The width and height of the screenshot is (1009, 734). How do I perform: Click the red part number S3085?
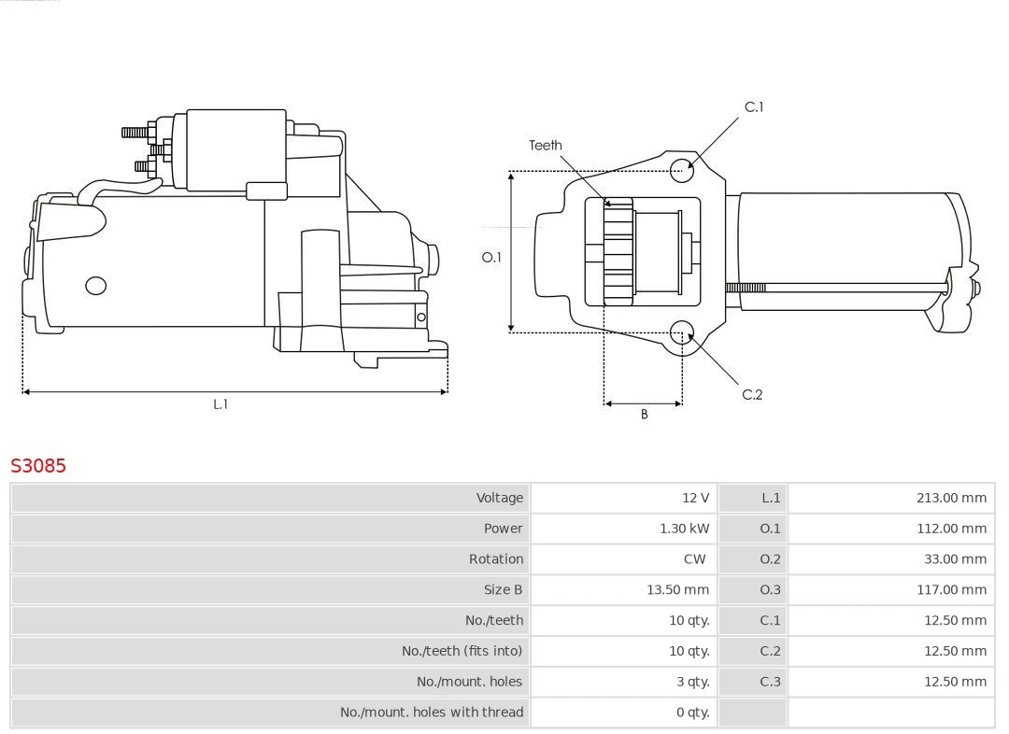point(38,465)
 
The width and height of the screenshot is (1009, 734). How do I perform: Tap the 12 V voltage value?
point(695,498)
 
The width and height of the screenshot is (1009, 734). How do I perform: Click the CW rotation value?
point(694,559)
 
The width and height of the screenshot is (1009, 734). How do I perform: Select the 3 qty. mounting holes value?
point(692,682)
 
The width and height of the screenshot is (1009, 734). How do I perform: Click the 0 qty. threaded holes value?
point(692,713)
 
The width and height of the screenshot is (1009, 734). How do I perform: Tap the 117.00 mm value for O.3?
point(951,589)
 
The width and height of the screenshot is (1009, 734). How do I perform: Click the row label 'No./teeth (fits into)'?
point(462,651)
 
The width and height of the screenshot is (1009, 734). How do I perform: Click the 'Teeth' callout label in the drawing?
point(546,145)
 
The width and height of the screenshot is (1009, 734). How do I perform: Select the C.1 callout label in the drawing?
point(753,107)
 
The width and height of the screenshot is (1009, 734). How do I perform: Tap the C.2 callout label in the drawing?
point(752,395)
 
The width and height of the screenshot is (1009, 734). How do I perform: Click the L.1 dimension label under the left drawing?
point(220,404)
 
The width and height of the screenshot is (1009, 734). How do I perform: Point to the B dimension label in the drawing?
point(644,415)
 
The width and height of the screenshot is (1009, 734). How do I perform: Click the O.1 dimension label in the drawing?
point(491,258)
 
